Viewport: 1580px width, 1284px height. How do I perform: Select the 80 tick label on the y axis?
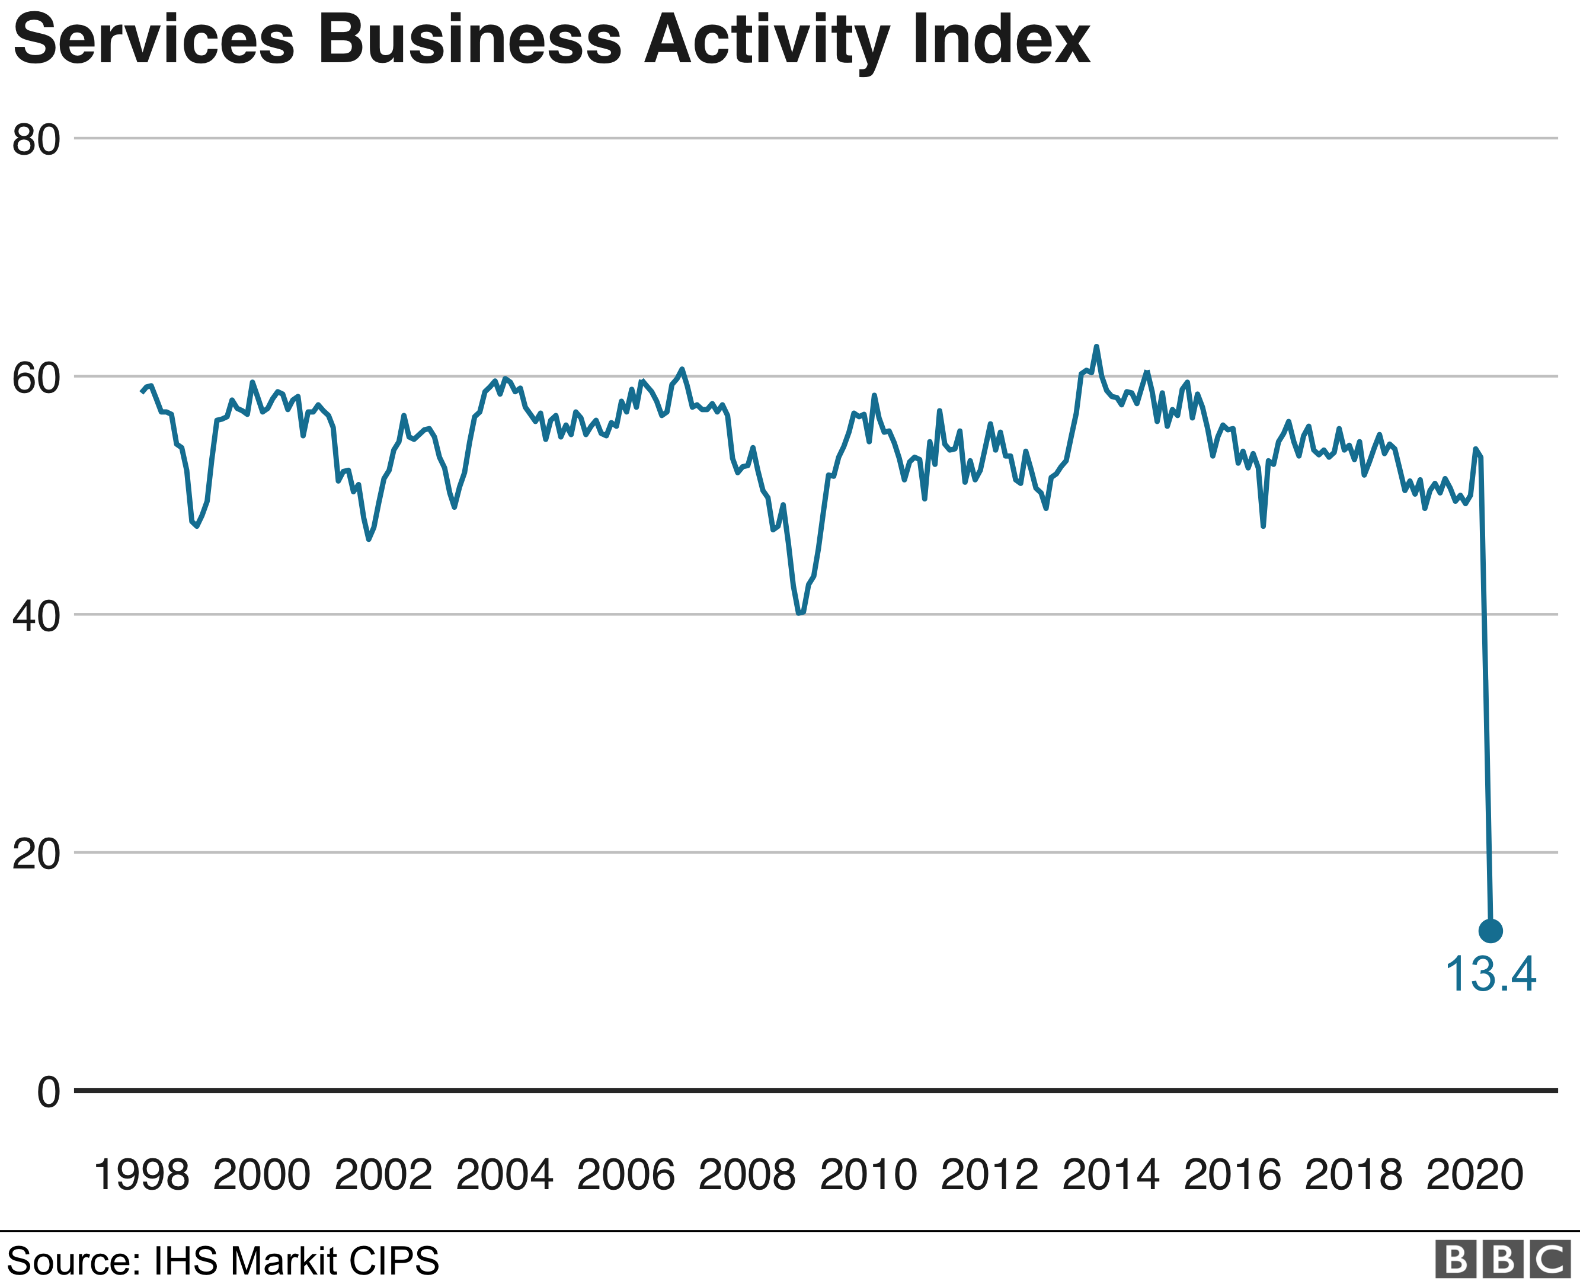[36, 140]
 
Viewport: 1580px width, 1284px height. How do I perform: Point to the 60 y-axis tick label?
[36, 378]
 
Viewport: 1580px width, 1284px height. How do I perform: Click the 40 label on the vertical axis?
[36, 616]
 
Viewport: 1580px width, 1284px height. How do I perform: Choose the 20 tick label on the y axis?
[36, 854]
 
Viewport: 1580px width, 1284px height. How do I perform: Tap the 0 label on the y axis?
[48, 1093]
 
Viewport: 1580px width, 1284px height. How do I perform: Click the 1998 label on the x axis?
[141, 1174]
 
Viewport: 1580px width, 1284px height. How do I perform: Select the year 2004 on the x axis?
[504, 1174]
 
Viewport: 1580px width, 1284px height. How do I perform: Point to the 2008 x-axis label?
[747, 1174]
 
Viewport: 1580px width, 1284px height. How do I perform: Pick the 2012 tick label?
[989, 1174]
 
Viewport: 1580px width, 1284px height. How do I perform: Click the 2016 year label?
[1232, 1174]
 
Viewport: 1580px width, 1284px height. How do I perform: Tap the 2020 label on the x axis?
[1475, 1174]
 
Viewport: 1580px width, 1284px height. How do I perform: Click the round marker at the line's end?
[1490, 931]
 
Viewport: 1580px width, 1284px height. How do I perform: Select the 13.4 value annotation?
[1490, 974]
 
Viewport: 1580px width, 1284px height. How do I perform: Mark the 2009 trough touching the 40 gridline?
[800, 612]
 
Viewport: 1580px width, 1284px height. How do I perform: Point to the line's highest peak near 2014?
[1096, 346]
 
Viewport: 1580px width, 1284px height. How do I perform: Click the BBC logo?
[1502, 1260]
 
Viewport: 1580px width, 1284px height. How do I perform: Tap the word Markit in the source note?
[282, 1260]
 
